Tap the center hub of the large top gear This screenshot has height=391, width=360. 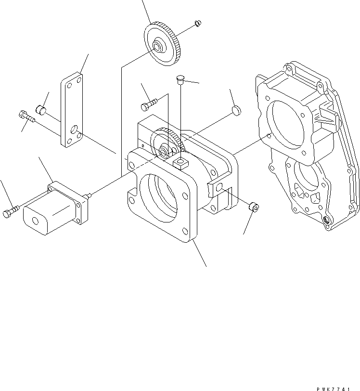pos(157,47)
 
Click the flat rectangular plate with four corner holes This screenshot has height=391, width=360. pos(71,108)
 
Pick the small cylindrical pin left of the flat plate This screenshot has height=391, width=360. pos(41,111)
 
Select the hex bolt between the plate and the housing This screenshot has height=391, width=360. pos(149,104)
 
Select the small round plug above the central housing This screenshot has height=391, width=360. pos(235,110)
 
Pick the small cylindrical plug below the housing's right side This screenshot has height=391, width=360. pos(253,208)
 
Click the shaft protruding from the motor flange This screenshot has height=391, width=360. pos(89,195)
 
